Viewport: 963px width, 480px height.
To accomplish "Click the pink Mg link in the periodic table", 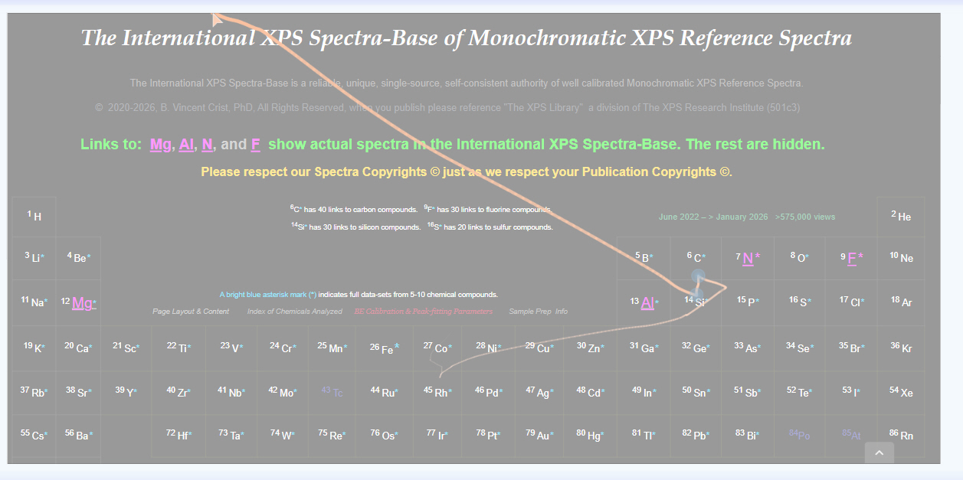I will coord(83,303).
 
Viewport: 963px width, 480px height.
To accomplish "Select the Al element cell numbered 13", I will coord(647,302).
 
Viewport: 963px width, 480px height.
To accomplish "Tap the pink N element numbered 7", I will coord(748,258).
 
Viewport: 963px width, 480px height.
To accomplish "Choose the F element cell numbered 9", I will coord(852,258).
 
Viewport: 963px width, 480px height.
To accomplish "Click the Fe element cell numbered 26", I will coord(387,348).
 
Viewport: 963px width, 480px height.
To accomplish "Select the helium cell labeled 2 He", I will coord(902,217).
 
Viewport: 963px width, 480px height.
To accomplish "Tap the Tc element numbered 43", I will coord(333,392).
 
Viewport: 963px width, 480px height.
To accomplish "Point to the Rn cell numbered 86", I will coord(902,436).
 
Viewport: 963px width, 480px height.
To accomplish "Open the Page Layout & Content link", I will coord(191,312).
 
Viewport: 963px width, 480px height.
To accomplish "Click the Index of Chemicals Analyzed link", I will coord(294,312).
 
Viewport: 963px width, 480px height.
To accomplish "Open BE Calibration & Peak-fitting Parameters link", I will coord(424,312).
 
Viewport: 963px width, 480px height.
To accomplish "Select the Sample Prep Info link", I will coord(538,312).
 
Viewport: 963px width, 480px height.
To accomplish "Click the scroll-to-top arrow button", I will coord(879,453).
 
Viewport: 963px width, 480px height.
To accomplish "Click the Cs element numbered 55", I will coord(34,436).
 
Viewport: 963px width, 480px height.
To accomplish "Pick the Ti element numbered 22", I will coord(179,348).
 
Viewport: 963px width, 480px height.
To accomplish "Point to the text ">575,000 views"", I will coord(805,217).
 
